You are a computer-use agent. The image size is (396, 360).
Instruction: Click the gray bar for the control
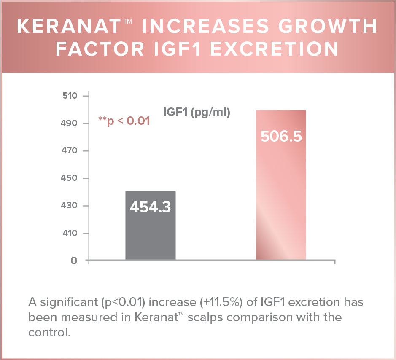tap(150, 236)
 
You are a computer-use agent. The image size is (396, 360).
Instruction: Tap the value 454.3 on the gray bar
tap(150, 207)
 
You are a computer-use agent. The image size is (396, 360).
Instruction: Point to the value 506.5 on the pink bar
tap(281, 137)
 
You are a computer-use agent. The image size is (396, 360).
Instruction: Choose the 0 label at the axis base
tap(74, 261)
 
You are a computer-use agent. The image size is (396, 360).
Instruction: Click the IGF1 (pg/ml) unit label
tap(197, 113)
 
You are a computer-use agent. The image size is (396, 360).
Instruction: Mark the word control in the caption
tap(48, 332)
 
